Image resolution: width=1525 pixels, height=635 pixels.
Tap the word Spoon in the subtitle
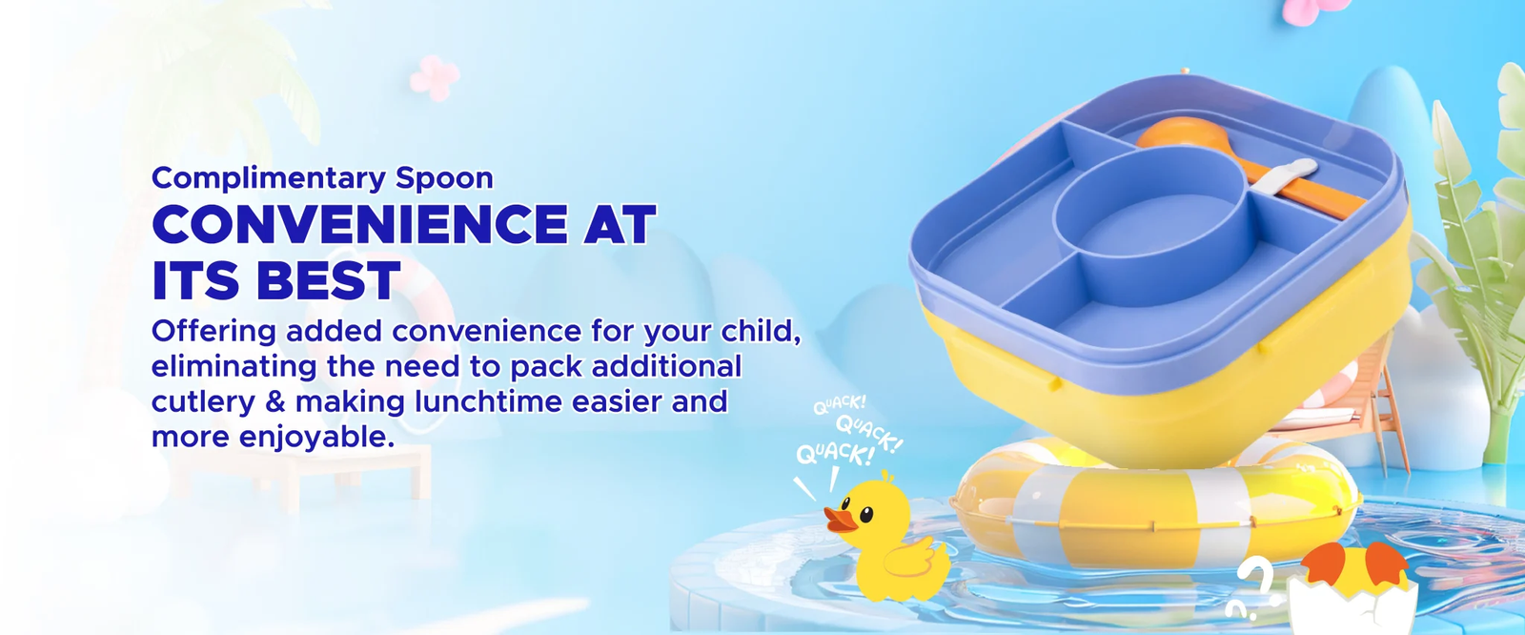(x=444, y=178)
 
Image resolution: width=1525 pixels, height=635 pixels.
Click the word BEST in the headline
(x=329, y=280)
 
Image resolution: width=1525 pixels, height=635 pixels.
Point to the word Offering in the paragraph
(x=213, y=332)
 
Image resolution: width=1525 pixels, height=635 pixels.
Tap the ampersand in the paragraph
(x=275, y=401)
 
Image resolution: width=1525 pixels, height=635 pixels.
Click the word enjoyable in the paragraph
(x=317, y=438)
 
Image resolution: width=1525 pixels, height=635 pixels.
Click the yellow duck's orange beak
(x=840, y=520)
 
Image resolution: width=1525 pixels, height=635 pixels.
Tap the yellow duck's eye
(x=866, y=513)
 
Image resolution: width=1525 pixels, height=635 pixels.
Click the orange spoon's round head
(x=1176, y=133)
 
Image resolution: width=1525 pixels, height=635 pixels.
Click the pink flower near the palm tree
(x=435, y=77)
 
